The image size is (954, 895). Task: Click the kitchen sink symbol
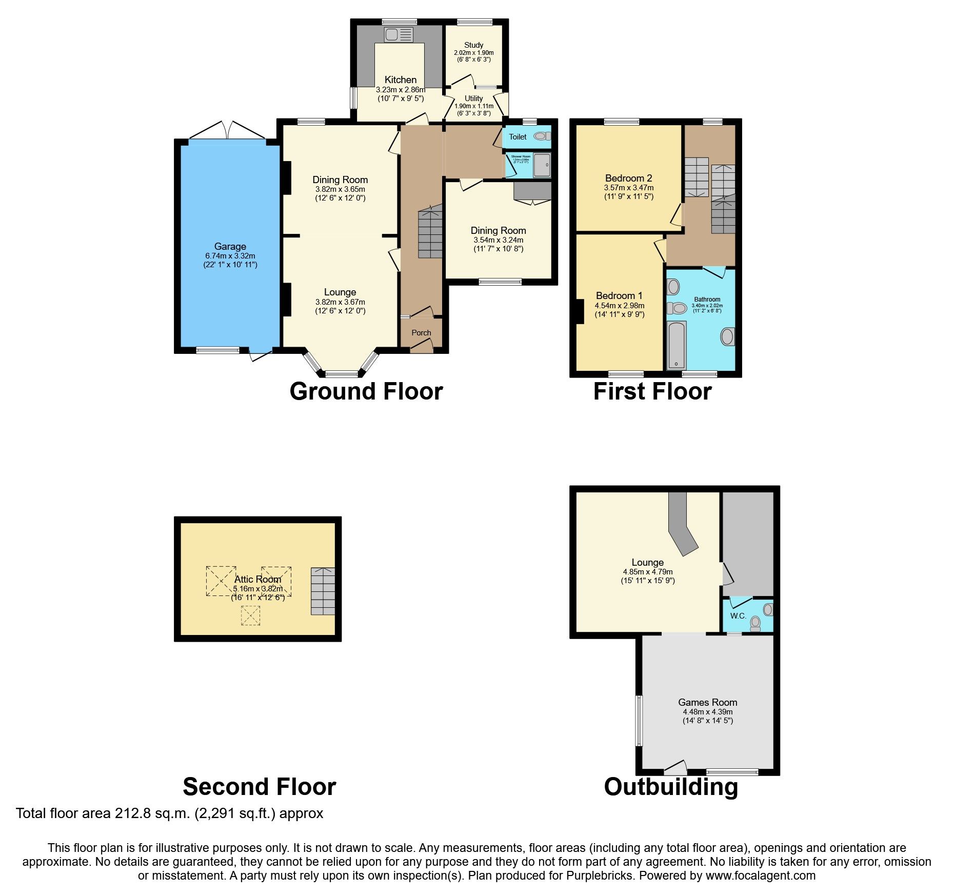pyautogui.click(x=399, y=35)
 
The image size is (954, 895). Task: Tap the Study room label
pyautogui.click(x=473, y=45)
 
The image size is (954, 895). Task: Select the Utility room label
pyautogui.click(x=473, y=98)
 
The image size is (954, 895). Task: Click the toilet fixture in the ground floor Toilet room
pyautogui.click(x=541, y=136)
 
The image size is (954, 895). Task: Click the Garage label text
pyautogui.click(x=230, y=246)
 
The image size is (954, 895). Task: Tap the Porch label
pyautogui.click(x=421, y=333)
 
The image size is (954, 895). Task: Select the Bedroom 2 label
pyautogui.click(x=628, y=178)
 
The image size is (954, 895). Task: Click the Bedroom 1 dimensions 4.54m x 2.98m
pyautogui.click(x=620, y=306)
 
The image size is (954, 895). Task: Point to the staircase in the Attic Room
pyautogui.click(x=323, y=591)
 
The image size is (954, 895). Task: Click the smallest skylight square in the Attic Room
pyautogui.click(x=250, y=615)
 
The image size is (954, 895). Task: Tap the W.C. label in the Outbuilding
pyautogui.click(x=738, y=616)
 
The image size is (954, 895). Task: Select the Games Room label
pyautogui.click(x=707, y=702)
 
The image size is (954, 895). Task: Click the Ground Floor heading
pyautogui.click(x=366, y=391)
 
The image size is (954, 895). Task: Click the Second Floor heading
pyautogui.click(x=259, y=786)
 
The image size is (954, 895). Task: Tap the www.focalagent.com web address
pyautogui.click(x=760, y=876)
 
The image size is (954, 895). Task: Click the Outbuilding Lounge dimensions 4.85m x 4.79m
pyautogui.click(x=647, y=572)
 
